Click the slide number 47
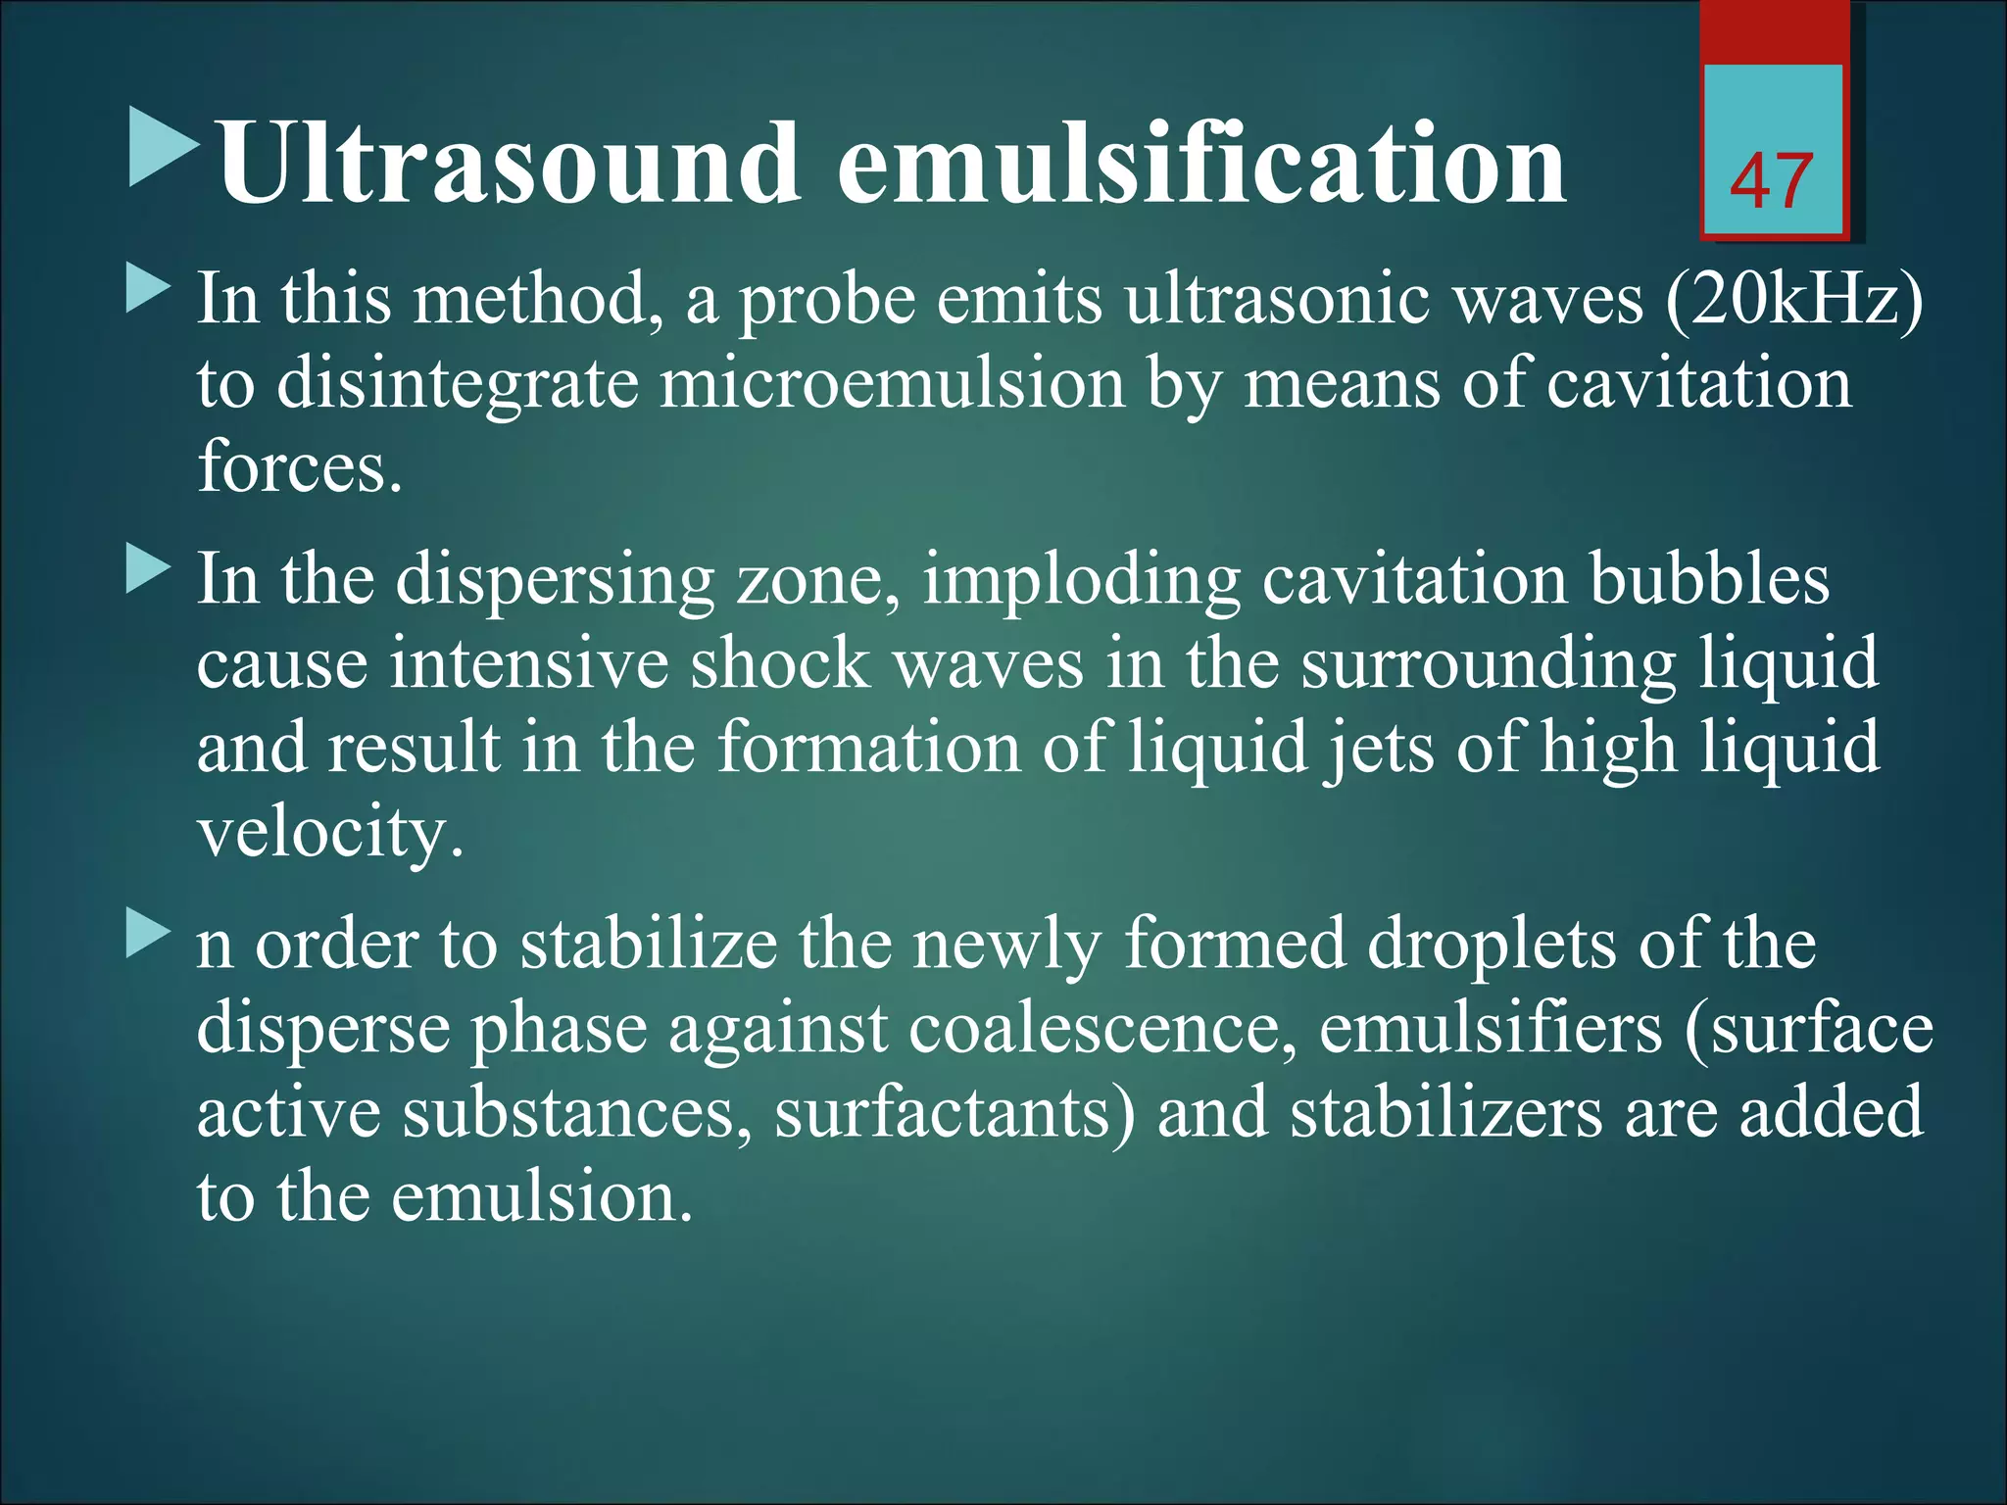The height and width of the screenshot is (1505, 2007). [x=1771, y=182]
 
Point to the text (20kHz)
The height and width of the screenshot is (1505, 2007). [x=1793, y=299]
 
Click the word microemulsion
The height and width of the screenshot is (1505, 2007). [x=892, y=383]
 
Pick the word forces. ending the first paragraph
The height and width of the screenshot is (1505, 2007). [x=300, y=466]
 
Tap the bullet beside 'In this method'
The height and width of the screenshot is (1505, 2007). [x=148, y=291]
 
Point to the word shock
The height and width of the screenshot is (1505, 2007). [x=780, y=663]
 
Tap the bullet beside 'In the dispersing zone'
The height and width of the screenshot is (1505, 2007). [x=148, y=571]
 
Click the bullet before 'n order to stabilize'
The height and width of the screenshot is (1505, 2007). [x=148, y=936]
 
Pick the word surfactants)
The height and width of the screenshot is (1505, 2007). [x=955, y=1113]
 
